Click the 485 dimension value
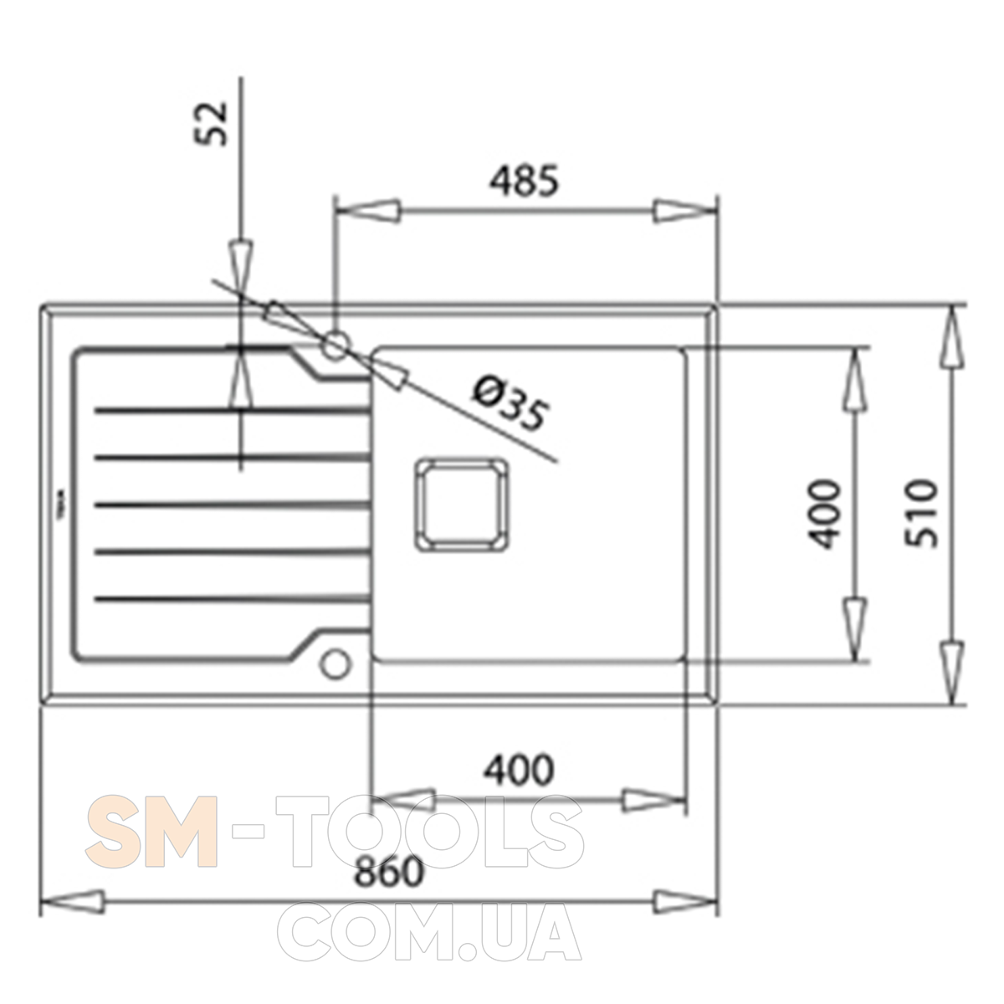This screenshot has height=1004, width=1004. [524, 181]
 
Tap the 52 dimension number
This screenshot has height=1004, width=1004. [211, 123]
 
